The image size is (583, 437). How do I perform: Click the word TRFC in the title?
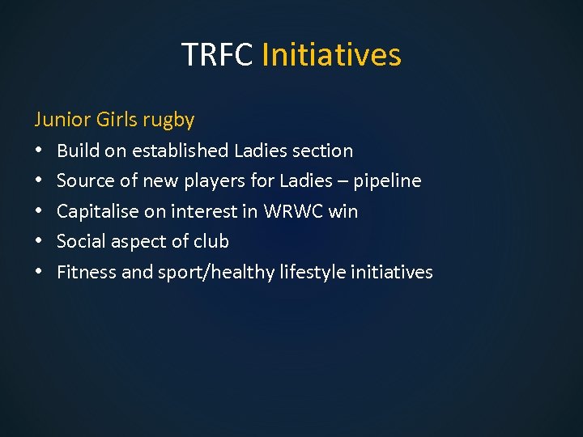[x=218, y=55]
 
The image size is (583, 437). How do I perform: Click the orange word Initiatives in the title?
[x=332, y=55]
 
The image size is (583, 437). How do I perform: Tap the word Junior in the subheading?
[x=62, y=120]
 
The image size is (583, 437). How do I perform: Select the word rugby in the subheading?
[x=168, y=121]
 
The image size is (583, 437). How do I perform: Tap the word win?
[x=343, y=211]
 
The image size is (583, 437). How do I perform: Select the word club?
[x=211, y=241]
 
